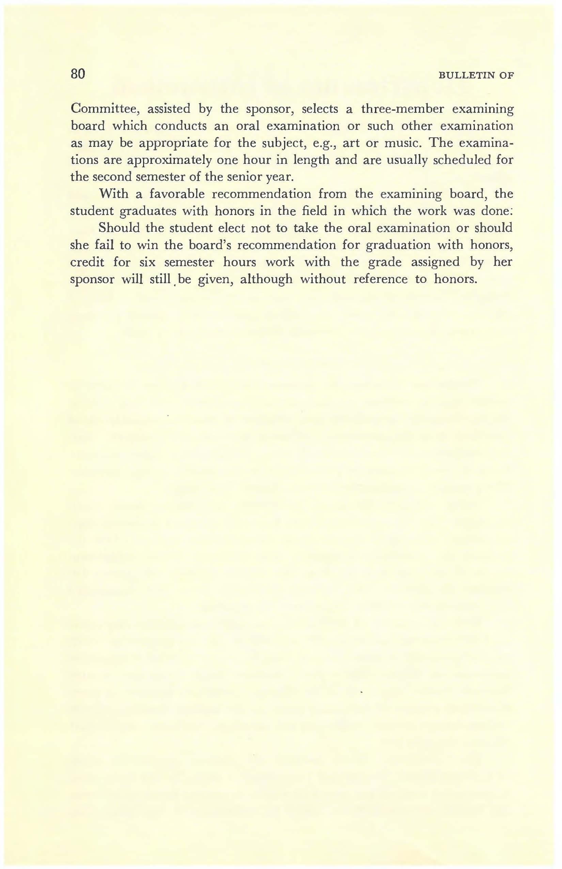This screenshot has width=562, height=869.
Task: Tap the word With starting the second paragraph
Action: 113,194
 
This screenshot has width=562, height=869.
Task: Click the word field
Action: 313,211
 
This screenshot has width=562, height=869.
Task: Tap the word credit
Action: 87,262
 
